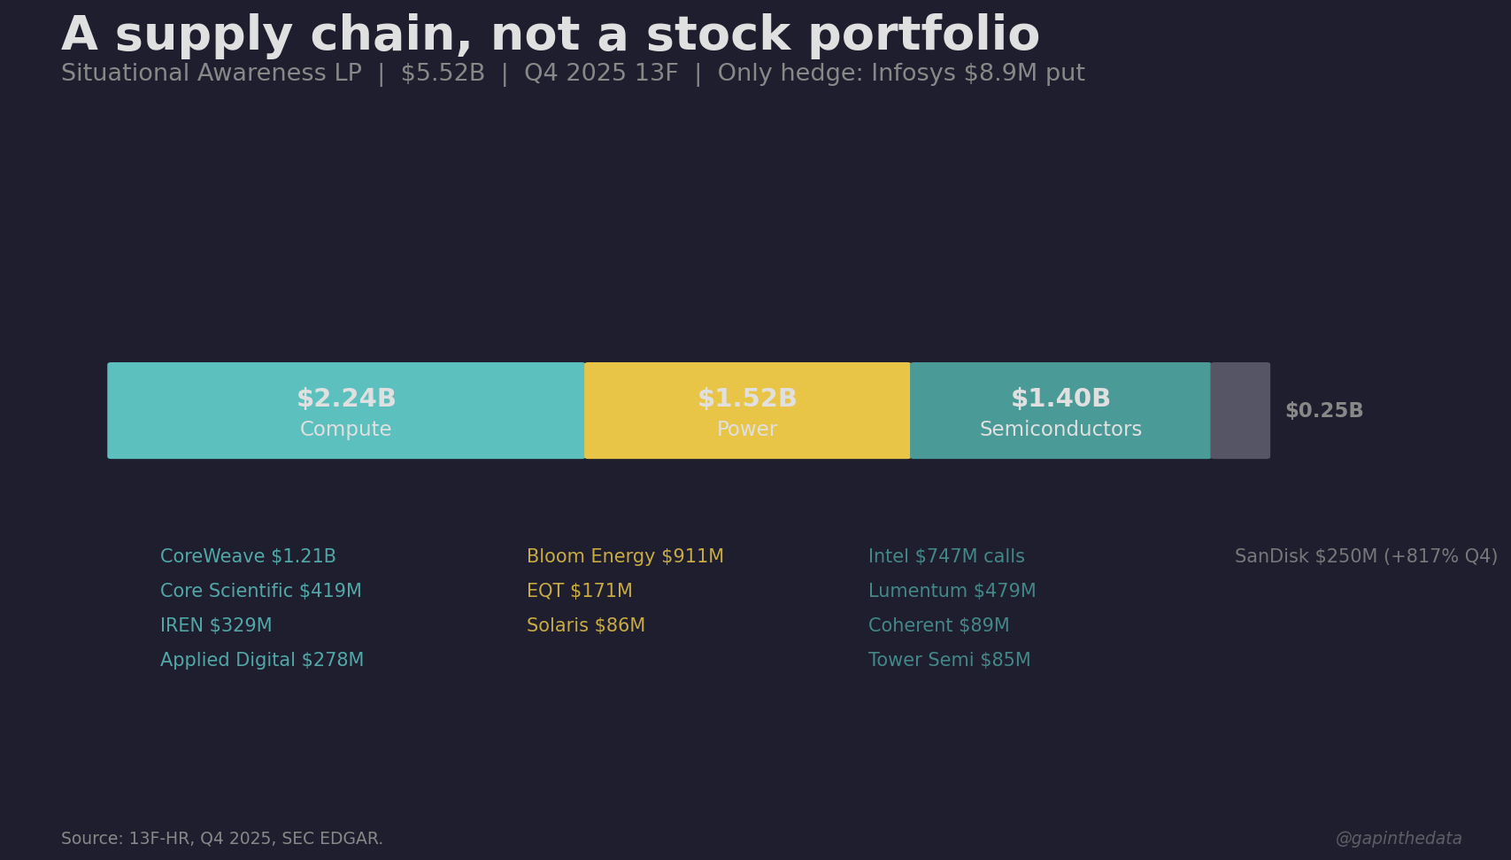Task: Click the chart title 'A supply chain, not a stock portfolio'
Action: point(550,35)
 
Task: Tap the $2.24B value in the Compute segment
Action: point(346,399)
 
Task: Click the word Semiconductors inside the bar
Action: point(1060,430)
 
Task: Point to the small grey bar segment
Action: point(1240,410)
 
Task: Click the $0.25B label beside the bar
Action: point(1323,411)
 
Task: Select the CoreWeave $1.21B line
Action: point(248,556)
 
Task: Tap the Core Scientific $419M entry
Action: point(260,591)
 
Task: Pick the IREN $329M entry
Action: point(216,625)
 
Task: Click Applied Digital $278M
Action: point(262,660)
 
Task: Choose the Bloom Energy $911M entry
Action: point(625,556)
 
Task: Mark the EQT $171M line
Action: point(579,591)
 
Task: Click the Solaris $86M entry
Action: point(585,625)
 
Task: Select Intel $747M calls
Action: point(946,556)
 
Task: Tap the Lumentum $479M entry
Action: point(952,591)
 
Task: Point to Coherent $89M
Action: point(938,625)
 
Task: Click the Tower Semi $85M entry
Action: point(949,660)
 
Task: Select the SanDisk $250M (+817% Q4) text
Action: point(1366,556)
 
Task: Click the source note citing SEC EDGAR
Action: point(222,839)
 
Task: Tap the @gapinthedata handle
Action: point(1398,839)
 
